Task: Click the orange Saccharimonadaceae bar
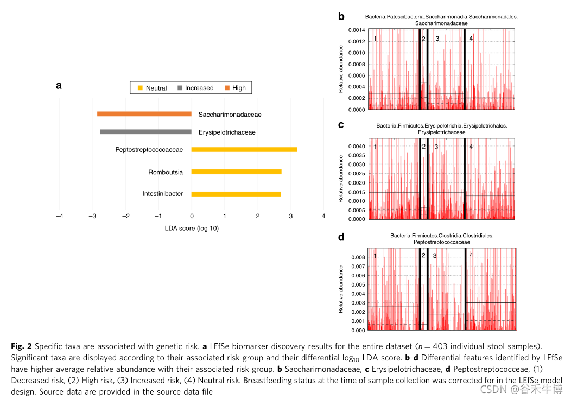[144, 114]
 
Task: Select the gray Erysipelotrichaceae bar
[145, 132]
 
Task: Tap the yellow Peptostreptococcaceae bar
[244, 149]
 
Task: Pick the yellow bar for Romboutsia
[236, 172]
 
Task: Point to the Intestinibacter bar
[236, 194]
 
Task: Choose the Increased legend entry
[195, 88]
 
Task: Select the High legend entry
[234, 88]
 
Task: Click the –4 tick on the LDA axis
[59, 216]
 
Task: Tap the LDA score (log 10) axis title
[192, 228]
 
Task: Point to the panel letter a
[59, 85]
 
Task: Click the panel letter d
[341, 237]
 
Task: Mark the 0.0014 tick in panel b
[356, 30]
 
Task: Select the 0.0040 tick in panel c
[356, 146]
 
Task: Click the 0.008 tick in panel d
[358, 257]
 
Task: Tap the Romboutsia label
[166, 172]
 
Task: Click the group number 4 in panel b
[471, 39]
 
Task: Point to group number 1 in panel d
[375, 256]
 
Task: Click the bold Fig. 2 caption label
[21, 346]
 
